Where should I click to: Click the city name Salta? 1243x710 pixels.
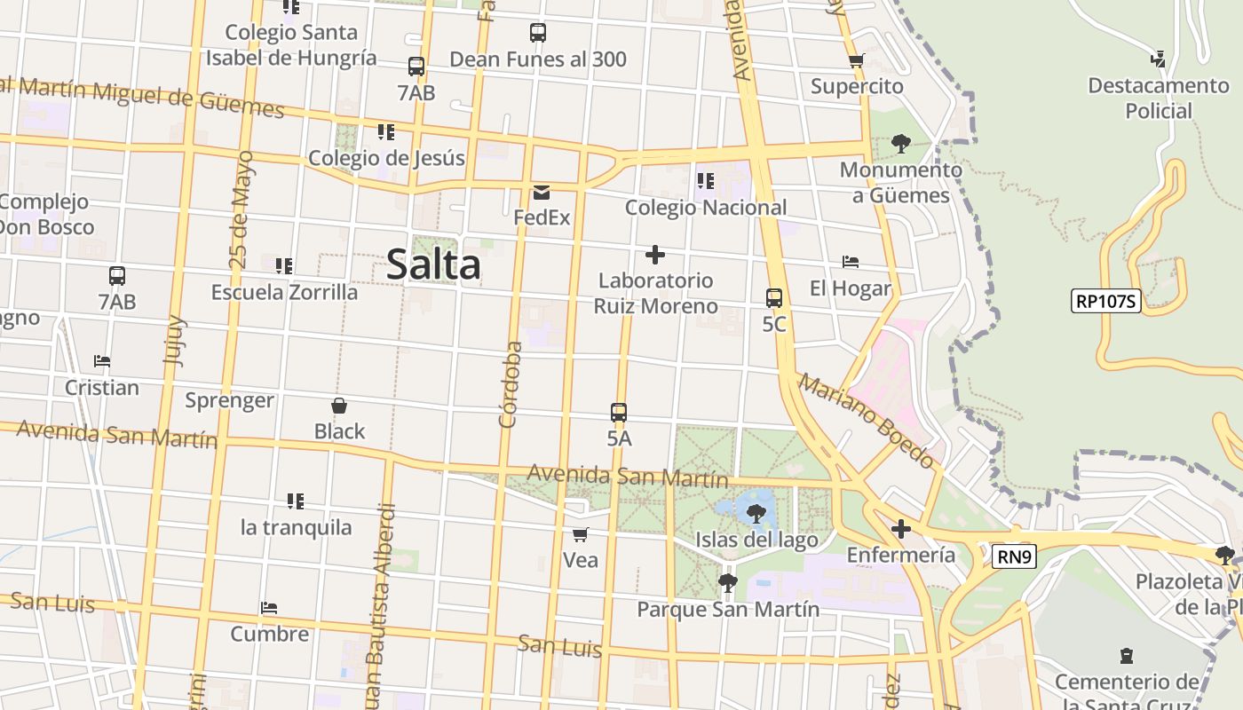tap(433, 264)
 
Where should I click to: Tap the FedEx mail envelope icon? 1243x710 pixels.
tap(541, 192)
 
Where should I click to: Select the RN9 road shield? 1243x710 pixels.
tap(1013, 556)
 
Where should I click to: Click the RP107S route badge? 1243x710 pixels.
tap(1105, 301)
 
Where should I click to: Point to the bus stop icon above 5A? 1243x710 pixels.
tap(619, 413)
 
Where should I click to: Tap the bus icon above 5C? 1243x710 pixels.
tap(774, 298)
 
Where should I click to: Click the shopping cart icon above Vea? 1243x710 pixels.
tap(580, 534)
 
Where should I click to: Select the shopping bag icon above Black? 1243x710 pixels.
tap(338, 406)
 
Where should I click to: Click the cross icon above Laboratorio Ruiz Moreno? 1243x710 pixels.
tap(655, 256)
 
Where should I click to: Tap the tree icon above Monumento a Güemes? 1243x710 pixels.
tap(901, 144)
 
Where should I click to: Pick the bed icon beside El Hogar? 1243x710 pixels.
tap(850, 262)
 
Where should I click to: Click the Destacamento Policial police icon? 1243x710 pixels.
tap(1158, 59)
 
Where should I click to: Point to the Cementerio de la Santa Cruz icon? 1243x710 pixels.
tap(1127, 657)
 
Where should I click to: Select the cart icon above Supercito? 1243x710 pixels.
tap(856, 60)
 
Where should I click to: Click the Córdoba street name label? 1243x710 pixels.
tap(509, 384)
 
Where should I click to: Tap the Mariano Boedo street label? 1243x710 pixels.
tap(867, 420)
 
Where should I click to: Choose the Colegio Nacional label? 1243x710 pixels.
tap(706, 208)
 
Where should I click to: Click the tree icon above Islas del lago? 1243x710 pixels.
tap(756, 513)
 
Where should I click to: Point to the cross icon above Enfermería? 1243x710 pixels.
tap(901, 530)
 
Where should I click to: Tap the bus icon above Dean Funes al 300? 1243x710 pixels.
tap(537, 33)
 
